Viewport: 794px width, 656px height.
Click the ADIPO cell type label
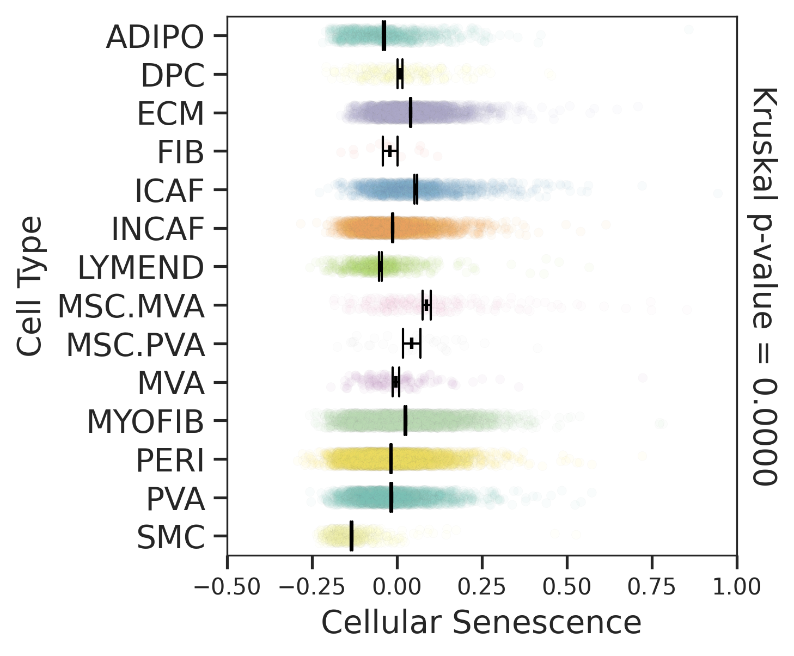point(155,37)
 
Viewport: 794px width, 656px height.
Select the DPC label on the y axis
point(173,76)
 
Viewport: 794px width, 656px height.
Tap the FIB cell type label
point(181,152)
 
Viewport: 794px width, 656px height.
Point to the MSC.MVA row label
point(131,306)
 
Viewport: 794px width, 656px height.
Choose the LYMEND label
point(141,268)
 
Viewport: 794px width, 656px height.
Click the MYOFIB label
point(145,422)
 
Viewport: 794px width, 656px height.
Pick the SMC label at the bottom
point(170,538)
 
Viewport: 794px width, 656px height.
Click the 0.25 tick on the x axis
point(482,587)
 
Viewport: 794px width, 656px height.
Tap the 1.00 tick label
point(737,587)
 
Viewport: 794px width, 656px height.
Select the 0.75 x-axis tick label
point(652,587)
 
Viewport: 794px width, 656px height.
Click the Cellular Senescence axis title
point(481,622)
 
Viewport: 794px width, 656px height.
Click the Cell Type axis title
point(29,286)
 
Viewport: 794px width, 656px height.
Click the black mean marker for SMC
point(351,536)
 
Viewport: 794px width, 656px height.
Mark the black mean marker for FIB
point(390,151)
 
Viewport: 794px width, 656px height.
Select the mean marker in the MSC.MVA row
point(426,305)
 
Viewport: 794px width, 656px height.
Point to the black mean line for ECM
point(410,113)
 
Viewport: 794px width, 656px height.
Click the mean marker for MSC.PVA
point(412,343)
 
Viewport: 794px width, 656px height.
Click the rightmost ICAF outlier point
point(718,193)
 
